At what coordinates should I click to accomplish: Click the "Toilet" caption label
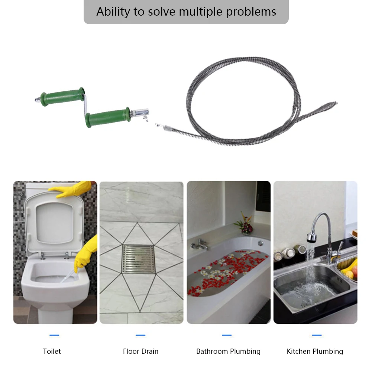point(52,351)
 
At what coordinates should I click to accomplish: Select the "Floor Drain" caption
point(140,351)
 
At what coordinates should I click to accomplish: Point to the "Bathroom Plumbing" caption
point(228,351)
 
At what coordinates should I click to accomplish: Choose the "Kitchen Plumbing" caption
point(315,351)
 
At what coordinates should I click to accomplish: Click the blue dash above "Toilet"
point(54,335)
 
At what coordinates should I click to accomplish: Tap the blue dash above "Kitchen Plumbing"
point(317,335)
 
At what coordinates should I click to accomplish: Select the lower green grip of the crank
point(107,117)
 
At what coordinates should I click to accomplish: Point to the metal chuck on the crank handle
point(140,112)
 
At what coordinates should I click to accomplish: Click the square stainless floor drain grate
point(138,259)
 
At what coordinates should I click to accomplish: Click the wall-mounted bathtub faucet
point(199,244)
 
